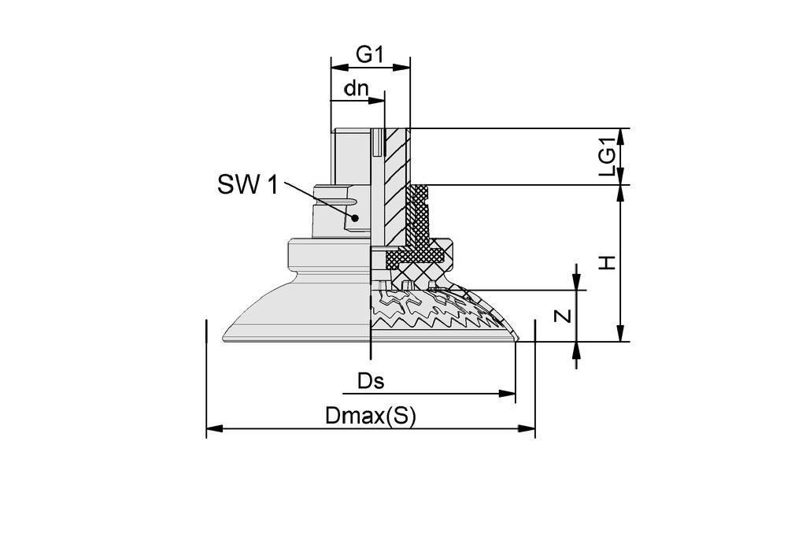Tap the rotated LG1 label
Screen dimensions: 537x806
(607, 156)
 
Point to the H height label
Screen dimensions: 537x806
(607, 262)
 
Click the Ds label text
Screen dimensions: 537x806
(371, 382)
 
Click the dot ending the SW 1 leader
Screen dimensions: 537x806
(356, 218)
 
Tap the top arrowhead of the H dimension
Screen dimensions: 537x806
(621, 194)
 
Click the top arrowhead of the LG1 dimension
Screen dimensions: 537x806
(621, 137)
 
